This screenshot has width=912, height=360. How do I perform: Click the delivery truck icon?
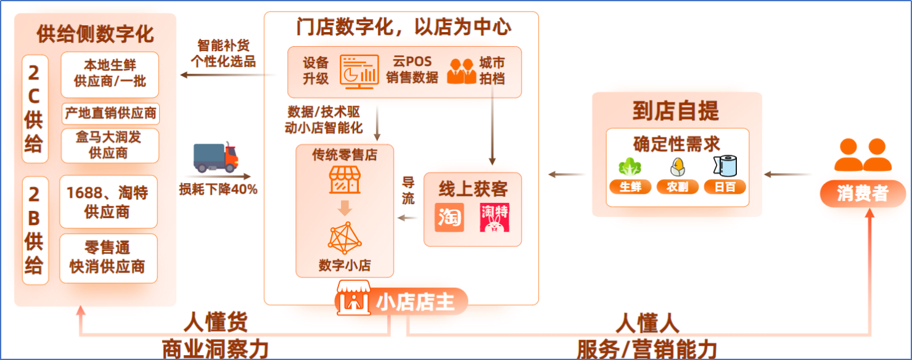pyautogui.click(x=215, y=157)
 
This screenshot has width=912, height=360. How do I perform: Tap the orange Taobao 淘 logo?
pyautogui.click(x=450, y=217)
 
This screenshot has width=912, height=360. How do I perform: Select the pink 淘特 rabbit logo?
pyautogui.click(x=495, y=218)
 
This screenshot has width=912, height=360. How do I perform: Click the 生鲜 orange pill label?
pyautogui.click(x=630, y=187)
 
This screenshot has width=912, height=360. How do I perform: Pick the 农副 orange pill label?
pyautogui.click(x=678, y=187)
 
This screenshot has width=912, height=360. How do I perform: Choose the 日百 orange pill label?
pyautogui.click(x=725, y=187)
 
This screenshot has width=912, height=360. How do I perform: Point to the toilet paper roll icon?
pyautogui.click(x=726, y=166)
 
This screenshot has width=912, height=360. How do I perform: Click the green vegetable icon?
pyautogui.click(x=630, y=166)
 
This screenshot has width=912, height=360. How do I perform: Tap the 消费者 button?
pyautogui.click(x=862, y=193)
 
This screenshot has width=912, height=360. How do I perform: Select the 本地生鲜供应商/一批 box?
pyautogui.click(x=110, y=75)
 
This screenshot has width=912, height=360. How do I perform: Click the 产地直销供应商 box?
pyautogui.click(x=110, y=113)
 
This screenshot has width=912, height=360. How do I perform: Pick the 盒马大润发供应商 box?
pyautogui.click(x=110, y=145)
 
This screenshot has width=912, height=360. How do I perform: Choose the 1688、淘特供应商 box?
pyautogui.click(x=109, y=202)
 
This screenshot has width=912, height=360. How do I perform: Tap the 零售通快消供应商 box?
pyautogui.click(x=109, y=258)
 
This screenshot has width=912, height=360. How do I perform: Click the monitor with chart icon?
pyautogui.click(x=359, y=72)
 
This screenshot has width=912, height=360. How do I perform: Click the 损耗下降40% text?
pyautogui.click(x=218, y=189)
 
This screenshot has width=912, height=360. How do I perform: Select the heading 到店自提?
pyautogui.click(x=676, y=111)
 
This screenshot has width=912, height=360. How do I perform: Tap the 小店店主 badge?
pyautogui.click(x=401, y=301)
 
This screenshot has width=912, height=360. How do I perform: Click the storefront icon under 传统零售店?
pyautogui.click(x=345, y=181)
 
